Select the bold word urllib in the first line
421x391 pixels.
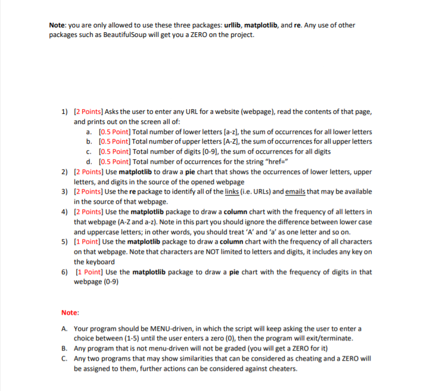point(235,24)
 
